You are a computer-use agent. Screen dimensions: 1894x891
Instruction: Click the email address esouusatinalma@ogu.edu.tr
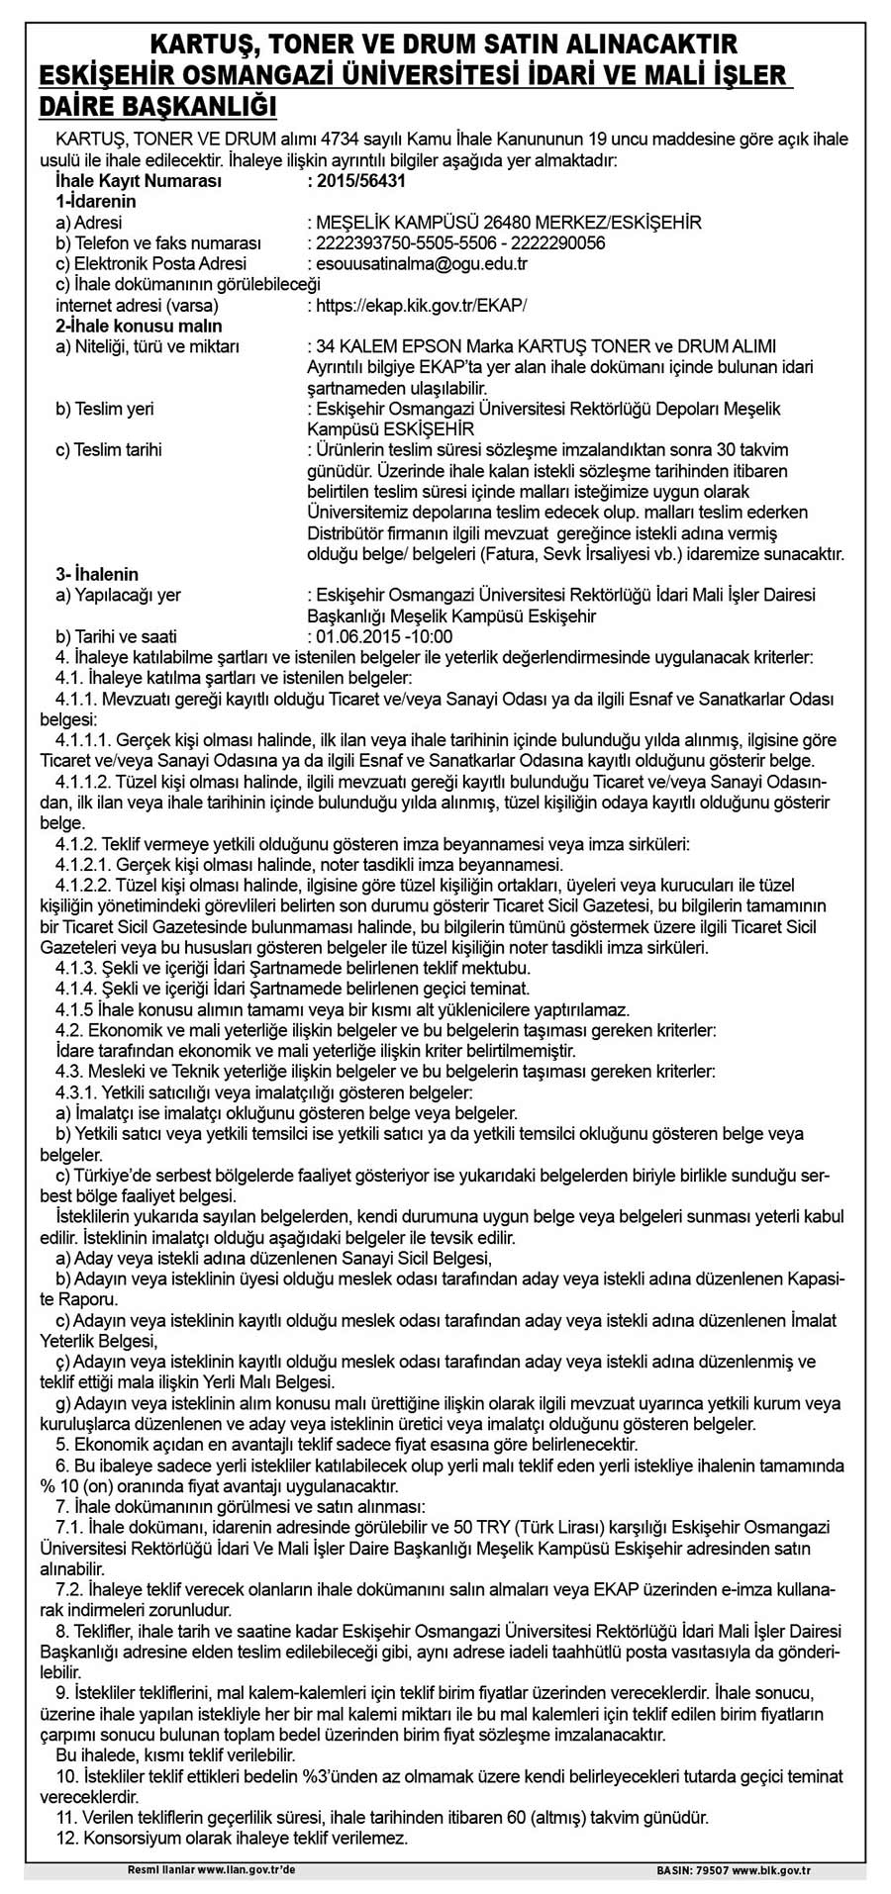pyautogui.click(x=421, y=264)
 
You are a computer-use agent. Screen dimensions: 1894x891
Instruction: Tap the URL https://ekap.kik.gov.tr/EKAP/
pyautogui.click(x=421, y=306)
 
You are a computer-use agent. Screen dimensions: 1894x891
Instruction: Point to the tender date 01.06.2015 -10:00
pyautogui.click(x=383, y=636)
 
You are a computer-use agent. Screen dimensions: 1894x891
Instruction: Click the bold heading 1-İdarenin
pyautogui.click(x=96, y=202)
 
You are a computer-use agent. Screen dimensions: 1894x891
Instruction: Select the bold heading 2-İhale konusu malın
pyautogui.click(x=139, y=326)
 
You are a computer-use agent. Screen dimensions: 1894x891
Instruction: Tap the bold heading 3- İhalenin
pyautogui.click(x=97, y=574)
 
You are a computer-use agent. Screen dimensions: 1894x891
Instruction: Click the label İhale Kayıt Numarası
pyautogui.click(x=139, y=181)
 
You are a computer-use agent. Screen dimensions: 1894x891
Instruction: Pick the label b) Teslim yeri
pyautogui.click(x=105, y=409)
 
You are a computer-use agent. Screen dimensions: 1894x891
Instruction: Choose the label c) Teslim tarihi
pyautogui.click(x=109, y=450)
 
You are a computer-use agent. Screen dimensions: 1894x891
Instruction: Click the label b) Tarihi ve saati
pyautogui.click(x=117, y=636)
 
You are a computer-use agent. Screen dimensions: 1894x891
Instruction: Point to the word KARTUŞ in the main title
pyautogui.click(x=204, y=44)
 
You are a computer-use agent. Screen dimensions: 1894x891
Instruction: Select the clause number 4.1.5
pyautogui.click(x=70, y=1009)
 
